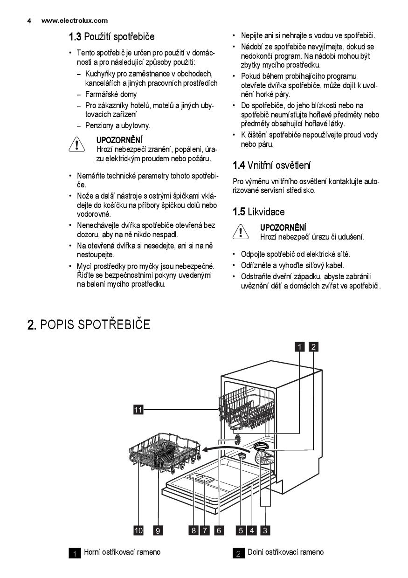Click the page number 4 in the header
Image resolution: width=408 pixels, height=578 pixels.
29,21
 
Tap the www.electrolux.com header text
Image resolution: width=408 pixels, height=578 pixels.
75,21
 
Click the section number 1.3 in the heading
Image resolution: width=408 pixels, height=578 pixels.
75,36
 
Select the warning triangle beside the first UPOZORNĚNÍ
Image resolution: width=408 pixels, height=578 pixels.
76,145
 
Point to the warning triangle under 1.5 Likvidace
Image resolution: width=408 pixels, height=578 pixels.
241,232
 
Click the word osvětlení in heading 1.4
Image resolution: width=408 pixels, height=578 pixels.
292,165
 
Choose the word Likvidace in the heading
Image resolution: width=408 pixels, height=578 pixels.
266,212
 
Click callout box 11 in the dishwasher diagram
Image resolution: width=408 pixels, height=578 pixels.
138,410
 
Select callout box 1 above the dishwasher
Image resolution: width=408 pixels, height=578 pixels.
299,346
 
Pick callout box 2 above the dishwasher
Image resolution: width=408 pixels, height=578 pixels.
314,346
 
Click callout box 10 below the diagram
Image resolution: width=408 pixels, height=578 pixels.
138,530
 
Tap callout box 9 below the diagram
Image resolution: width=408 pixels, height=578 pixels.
158,530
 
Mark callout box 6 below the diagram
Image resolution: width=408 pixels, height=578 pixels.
218,530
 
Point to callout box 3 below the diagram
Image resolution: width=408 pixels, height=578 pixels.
266,530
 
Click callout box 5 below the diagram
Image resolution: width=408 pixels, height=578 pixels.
241,530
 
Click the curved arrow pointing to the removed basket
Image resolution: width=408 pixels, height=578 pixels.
219,448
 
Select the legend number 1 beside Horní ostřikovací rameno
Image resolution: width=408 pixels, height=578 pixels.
75,554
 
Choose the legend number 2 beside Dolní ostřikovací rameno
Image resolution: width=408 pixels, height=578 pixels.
238,554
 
